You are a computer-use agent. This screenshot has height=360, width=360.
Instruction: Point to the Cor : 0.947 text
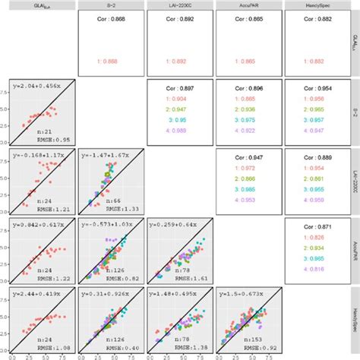[248, 157]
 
